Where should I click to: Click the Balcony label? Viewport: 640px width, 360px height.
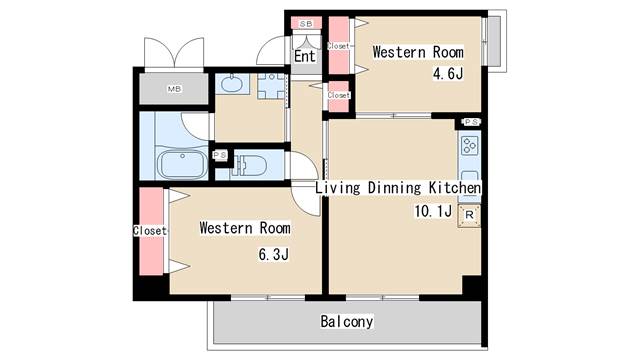pos(347,321)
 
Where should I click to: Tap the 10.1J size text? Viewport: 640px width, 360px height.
pos(433,211)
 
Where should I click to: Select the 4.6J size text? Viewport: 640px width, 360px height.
pos(448,74)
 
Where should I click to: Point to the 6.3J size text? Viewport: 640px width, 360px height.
pos(273,254)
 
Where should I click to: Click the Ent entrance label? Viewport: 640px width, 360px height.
pos(304,56)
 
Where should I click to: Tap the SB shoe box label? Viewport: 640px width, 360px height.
pos(306,24)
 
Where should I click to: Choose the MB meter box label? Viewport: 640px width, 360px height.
pos(174,89)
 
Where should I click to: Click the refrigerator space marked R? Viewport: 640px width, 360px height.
pos(469,215)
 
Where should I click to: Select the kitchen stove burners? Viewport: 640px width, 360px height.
pos(469,146)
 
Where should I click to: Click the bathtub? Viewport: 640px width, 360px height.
pos(182,164)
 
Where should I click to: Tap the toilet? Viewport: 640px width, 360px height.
pos(249,164)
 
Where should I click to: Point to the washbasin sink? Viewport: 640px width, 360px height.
pos(231,84)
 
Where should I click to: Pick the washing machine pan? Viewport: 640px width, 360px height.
pos(271,86)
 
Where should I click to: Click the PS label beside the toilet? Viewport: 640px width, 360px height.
pos(220,155)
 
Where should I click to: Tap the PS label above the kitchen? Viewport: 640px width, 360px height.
pos(471,122)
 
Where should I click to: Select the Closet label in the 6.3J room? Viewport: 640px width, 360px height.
pos(150,231)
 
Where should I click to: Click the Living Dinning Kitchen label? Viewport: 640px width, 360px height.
pos(398,188)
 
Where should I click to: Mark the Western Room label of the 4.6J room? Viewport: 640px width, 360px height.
pos(418,52)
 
